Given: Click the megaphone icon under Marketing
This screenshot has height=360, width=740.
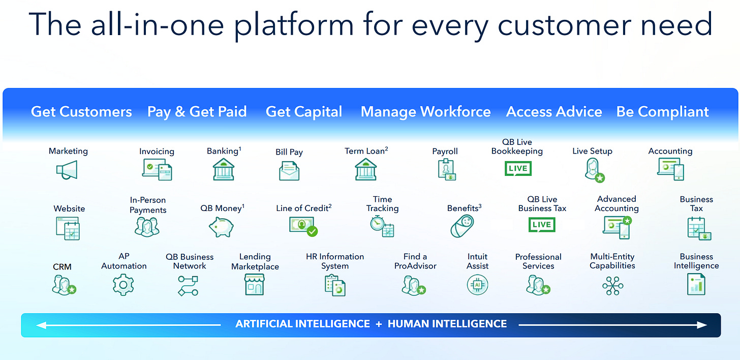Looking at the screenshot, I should [x=67, y=170].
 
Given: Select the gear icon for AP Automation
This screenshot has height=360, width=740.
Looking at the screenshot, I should [x=123, y=285].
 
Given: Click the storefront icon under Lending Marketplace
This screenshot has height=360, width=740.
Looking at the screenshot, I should [x=255, y=284].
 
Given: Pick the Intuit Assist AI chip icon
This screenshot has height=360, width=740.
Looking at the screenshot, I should [x=477, y=285].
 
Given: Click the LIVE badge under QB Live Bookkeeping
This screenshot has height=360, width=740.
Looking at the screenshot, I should [x=517, y=168].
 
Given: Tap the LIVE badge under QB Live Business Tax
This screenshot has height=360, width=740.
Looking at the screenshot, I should [x=542, y=224].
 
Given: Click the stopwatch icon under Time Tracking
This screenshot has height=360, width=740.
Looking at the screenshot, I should [x=377, y=224].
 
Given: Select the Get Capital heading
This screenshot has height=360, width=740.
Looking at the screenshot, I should [x=304, y=112].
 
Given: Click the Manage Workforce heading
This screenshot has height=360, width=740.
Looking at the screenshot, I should [x=425, y=112].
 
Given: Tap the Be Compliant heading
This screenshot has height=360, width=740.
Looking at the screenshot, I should [x=662, y=112].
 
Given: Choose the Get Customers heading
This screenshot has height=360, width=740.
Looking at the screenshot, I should [x=81, y=112].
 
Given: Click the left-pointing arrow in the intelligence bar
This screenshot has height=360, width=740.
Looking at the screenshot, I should [x=41, y=324].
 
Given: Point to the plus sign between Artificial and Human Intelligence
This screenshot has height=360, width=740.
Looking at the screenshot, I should [x=379, y=324].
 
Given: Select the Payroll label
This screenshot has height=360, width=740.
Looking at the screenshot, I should [x=445, y=151].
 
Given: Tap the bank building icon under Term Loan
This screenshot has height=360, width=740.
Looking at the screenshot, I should [x=365, y=169].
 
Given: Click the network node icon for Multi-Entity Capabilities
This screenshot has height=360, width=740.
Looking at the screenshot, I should [x=612, y=285].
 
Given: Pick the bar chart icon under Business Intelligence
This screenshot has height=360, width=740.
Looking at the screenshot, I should [x=695, y=284].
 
